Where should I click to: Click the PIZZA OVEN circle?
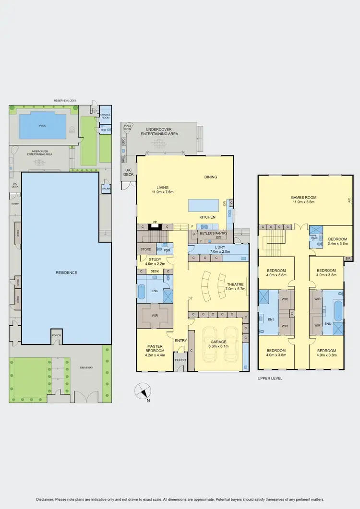coord(128,127)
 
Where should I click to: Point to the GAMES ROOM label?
coord(304,197)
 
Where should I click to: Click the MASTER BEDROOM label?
coord(154,349)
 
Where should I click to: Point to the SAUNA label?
coord(106,189)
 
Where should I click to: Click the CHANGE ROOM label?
coord(105,116)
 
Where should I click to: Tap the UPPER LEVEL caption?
coord(270,378)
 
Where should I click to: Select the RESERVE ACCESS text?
coord(65,101)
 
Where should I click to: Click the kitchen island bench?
coord(204,205)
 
